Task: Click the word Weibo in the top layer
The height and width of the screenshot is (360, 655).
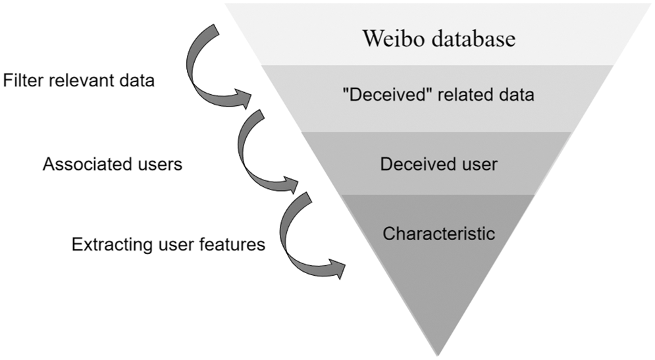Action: [x=393, y=38]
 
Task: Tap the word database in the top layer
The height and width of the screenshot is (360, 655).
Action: [x=474, y=38]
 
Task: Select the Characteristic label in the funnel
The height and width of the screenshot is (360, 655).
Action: [x=439, y=234]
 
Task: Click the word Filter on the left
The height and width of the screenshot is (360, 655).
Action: [x=24, y=80]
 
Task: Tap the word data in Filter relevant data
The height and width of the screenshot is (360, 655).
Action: [x=137, y=80]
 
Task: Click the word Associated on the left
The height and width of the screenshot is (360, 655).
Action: [x=84, y=164]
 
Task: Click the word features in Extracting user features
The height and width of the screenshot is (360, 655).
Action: [x=232, y=244]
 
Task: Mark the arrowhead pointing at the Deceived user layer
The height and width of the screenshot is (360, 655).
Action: [x=290, y=184]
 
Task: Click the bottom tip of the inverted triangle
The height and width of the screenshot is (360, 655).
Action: [x=438, y=356]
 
